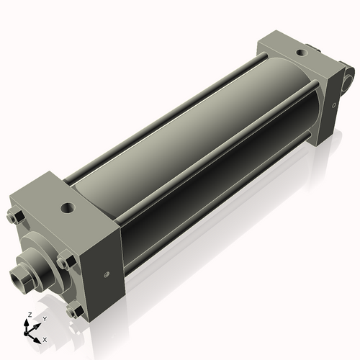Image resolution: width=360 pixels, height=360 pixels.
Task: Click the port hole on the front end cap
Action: click(x=68, y=209)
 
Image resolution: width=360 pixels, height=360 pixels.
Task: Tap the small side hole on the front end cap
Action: click(x=107, y=273)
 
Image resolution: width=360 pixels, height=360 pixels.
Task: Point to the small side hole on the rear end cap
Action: click(x=335, y=104)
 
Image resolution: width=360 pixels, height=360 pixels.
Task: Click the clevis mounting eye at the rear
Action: click(x=349, y=74)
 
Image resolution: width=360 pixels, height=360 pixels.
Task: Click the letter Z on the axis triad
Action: click(x=27, y=315)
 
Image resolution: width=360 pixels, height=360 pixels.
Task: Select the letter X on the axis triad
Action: click(x=45, y=338)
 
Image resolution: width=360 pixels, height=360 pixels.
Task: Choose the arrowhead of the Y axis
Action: click(x=37, y=324)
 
